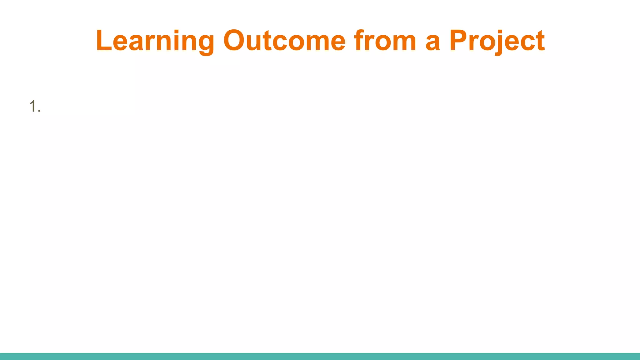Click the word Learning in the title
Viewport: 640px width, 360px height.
[x=155, y=41]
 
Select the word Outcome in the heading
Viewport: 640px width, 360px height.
[x=284, y=41]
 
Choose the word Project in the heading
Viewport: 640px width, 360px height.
[x=497, y=41]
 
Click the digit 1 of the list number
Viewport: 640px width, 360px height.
[x=32, y=106]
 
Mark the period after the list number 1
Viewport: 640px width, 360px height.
[x=39, y=110]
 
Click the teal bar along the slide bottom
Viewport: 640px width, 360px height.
[x=320, y=356]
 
